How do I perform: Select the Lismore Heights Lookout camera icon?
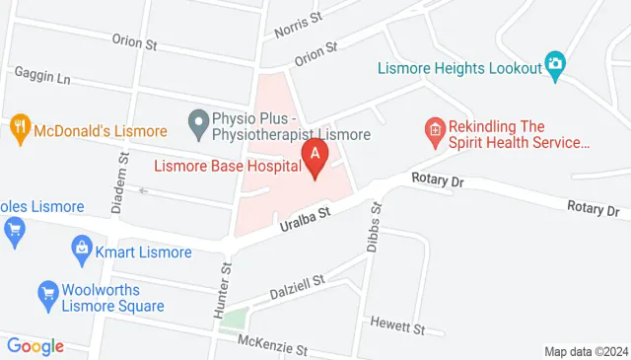tap(555, 65)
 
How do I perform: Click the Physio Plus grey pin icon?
tap(198, 124)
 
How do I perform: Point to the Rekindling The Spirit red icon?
tap(432, 128)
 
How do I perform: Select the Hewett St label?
tap(397, 324)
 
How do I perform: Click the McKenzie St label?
tap(272, 348)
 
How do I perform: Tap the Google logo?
tap(35, 346)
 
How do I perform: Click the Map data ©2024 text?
tap(585, 351)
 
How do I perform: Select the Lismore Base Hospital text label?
tap(227, 166)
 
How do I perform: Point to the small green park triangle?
tap(234, 318)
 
